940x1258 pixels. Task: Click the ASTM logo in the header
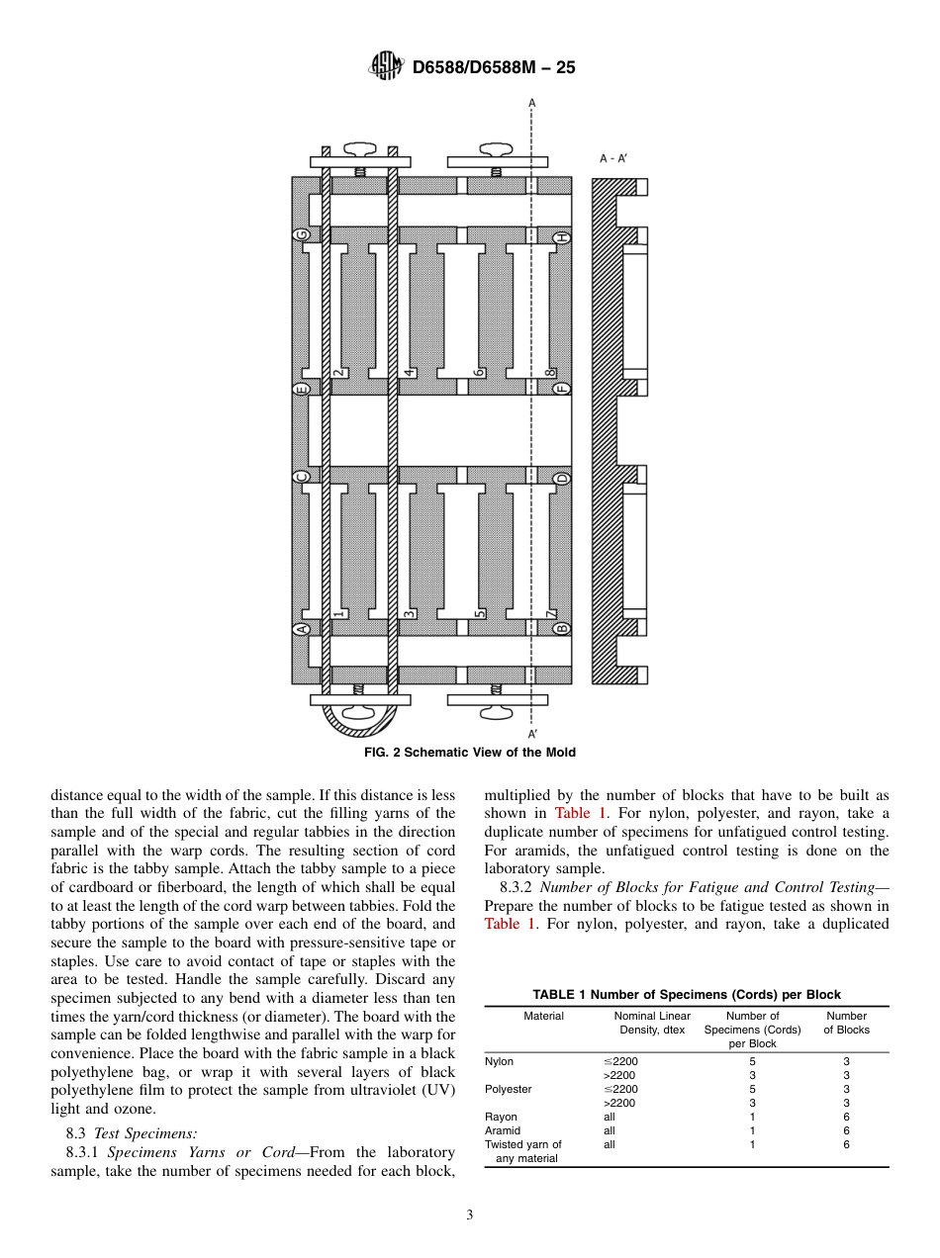(386, 66)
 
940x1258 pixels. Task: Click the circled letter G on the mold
(302, 235)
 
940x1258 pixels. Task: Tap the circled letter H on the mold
(562, 237)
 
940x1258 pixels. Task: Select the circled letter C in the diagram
(302, 479)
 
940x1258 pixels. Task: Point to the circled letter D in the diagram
(562, 479)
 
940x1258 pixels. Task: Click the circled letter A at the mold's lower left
(302, 628)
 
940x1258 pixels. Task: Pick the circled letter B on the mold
(562, 628)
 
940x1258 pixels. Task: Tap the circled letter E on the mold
(302, 389)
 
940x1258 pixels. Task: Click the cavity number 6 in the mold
(478, 372)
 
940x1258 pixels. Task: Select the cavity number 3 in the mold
(408, 614)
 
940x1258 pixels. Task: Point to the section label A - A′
(613, 158)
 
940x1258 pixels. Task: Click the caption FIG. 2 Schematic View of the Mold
(470, 753)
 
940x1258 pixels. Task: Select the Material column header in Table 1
(543, 1016)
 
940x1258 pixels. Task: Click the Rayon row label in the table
(501, 1117)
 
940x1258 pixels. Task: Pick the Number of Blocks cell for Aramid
(846, 1130)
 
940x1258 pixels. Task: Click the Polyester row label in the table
(508, 1089)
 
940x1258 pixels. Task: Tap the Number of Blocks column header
(846, 1023)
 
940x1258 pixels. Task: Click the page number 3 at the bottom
(470, 1215)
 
